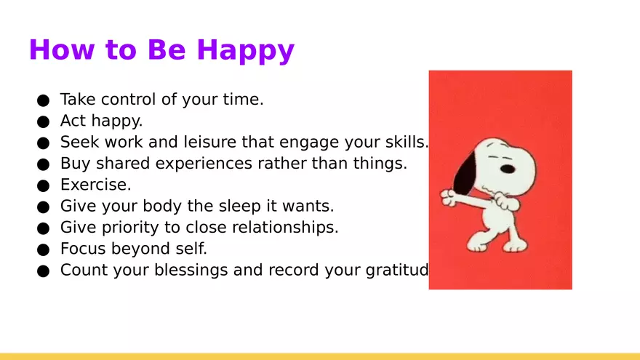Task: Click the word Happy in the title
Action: [245, 51]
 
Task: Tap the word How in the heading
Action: [62, 49]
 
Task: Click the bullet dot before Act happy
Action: [43, 121]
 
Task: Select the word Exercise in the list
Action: [95, 185]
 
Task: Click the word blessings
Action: [191, 271]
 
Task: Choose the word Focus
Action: [83, 249]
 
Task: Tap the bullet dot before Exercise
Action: [43, 185]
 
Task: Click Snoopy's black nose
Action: [508, 169]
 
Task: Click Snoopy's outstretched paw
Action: [448, 197]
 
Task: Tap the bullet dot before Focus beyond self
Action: [43, 249]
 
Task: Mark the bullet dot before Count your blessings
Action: [43, 271]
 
